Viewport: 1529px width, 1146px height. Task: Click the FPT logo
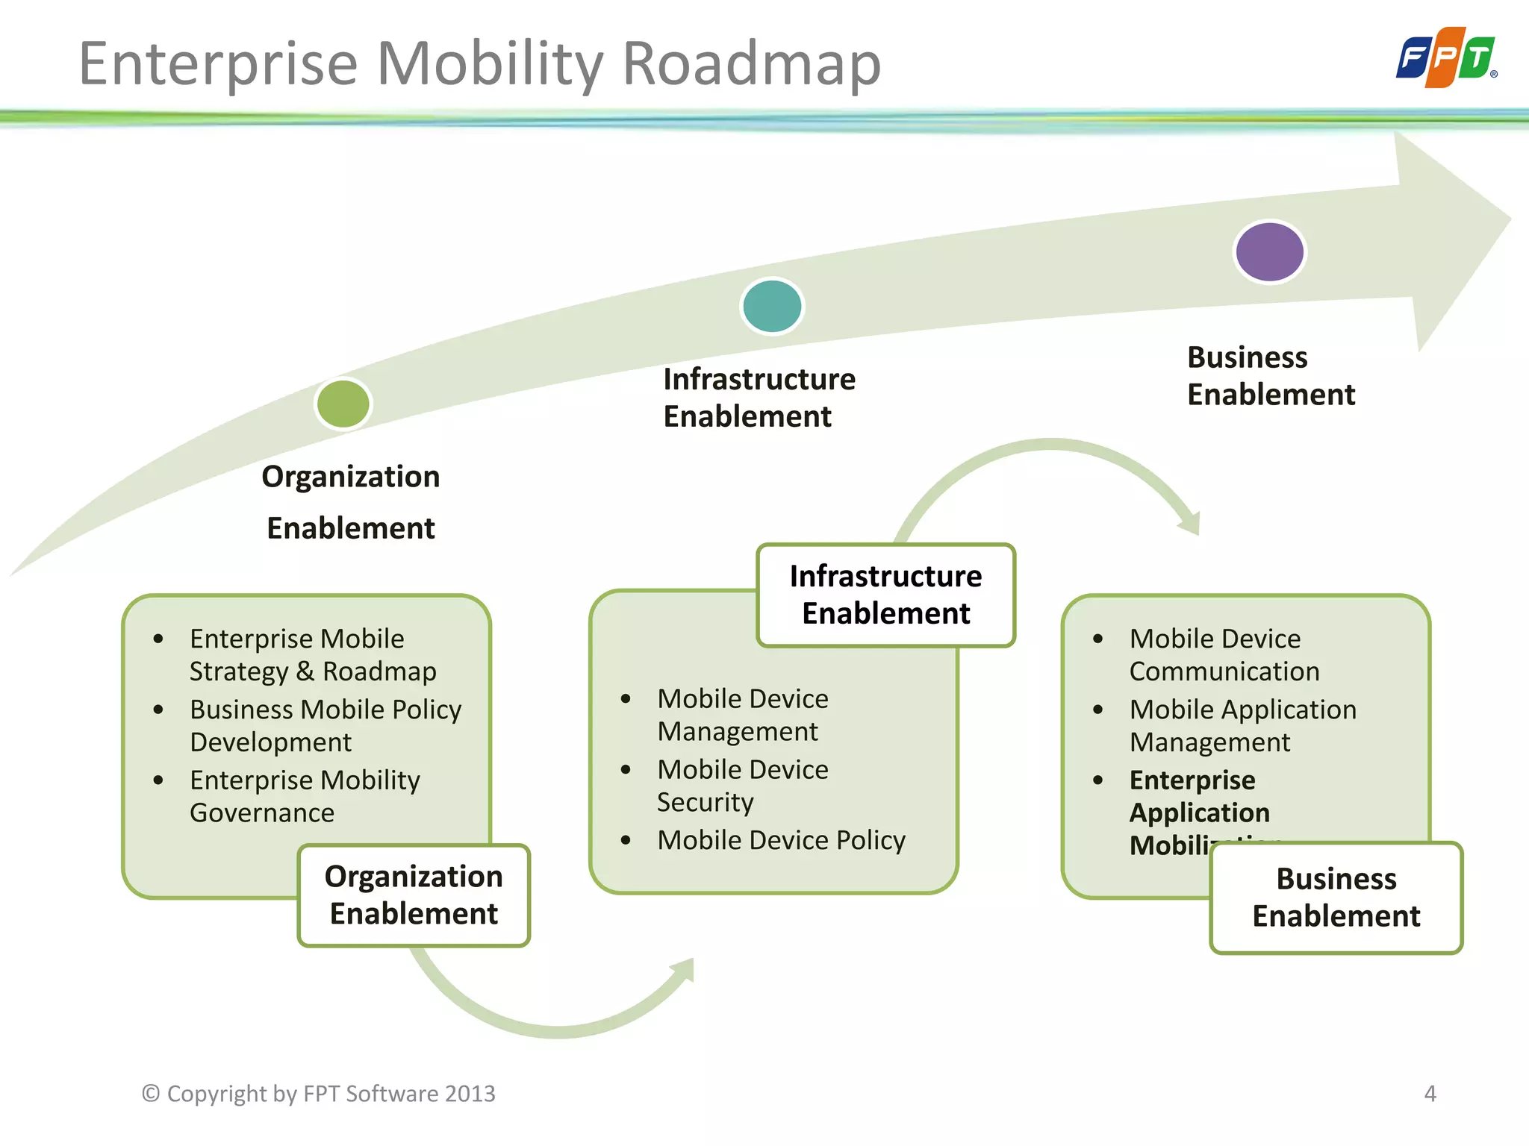click(x=1445, y=58)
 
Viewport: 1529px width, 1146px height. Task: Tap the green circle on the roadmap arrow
click(x=343, y=404)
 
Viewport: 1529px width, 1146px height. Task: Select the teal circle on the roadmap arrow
click(x=772, y=306)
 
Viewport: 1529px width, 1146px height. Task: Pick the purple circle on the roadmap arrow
click(x=1269, y=252)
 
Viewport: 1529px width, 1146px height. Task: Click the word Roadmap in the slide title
click(x=751, y=64)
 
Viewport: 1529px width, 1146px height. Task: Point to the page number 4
click(x=1430, y=1094)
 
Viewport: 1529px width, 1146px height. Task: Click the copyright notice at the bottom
click(x=319, y=1094)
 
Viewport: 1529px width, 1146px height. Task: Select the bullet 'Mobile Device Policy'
click(x=781, y=840)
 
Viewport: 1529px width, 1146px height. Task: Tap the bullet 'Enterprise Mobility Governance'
click(x=305, y=796)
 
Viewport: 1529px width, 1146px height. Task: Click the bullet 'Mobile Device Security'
click(x=742, y=786)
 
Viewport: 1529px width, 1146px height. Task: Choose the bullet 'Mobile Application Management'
click(x=1242, y=725)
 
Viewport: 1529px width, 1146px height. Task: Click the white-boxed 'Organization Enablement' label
click(x=414, y=895)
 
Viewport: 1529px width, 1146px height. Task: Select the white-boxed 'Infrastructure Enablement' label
click(x=885, y=595)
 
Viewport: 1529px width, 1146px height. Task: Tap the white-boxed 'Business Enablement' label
click(x=1336, y=898)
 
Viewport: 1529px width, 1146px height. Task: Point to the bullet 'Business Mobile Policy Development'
click(x=325, y=725)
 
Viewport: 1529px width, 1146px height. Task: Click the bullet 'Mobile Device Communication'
click(x=1224, y=655)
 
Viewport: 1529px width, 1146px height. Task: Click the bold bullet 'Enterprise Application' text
click(x=1198, y=796)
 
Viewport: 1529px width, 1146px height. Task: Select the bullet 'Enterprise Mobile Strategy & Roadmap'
click(x=312, y=655)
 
